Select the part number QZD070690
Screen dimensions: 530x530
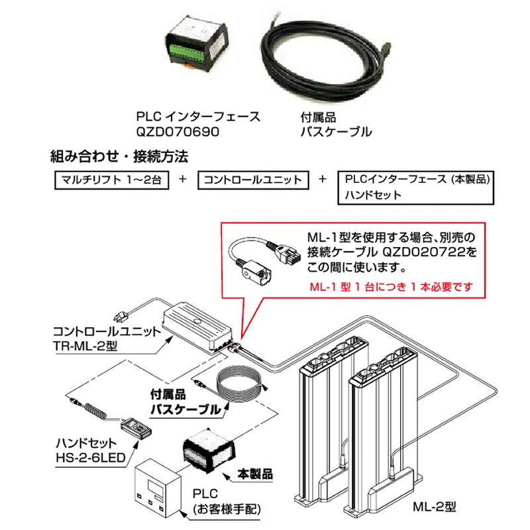click(x=177, y=131)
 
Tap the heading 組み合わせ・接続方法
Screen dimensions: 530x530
click(x=120, y=158)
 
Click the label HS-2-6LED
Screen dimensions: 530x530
click(x=91, y=456)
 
